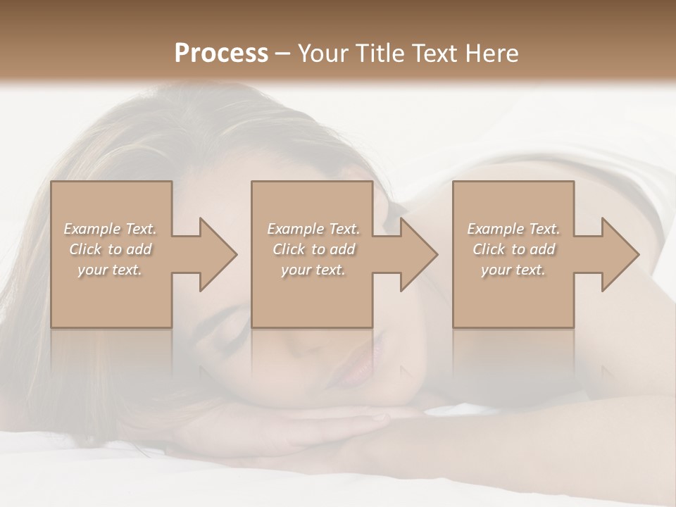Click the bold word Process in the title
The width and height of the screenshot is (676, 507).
[221, 54]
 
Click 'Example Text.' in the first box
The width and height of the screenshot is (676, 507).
[111, 229]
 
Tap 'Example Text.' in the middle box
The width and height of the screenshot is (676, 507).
[313, 229]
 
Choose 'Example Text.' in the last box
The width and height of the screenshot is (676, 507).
[513, 229]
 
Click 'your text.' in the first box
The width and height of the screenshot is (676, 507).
[111, 270]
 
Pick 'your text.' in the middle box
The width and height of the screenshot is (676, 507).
[313, 270]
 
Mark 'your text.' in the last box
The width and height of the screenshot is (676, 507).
[513, 270]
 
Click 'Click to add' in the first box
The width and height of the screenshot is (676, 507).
[111, 249]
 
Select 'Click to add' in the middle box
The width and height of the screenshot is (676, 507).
[313, 249]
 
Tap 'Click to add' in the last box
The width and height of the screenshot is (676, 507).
[513, 249]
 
